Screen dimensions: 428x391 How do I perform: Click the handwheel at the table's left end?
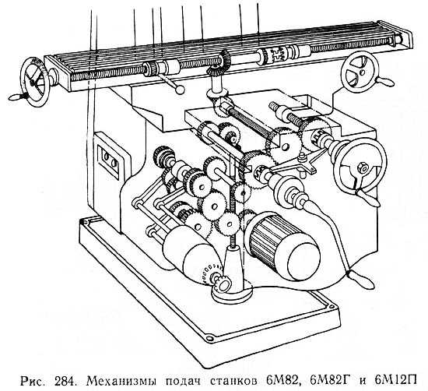click(x=35, y=82)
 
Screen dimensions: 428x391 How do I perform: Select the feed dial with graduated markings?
click(x=209, y=275)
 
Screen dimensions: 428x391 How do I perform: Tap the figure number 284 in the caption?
click(x=65, y=380)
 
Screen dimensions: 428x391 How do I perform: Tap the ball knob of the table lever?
click(x=180, y=90)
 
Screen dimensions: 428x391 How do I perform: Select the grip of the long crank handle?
click(x=361, y=280)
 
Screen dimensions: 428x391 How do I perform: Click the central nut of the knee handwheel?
click(x=362, y=168)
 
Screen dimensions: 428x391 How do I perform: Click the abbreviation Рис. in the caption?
click(x=32, y=381)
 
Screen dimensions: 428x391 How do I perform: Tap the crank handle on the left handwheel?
click(x=19, y=97)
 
